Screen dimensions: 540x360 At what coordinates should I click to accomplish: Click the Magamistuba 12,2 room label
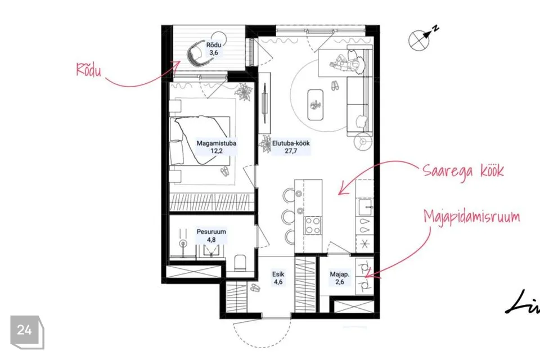(x=216, y=147)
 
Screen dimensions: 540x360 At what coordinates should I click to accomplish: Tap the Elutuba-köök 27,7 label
(x=291, y=147)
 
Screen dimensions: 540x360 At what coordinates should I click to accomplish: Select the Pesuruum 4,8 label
(x=211, y=235)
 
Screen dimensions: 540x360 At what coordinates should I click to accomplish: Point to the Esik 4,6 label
(x=278, y=278)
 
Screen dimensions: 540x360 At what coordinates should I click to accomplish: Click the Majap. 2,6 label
(x=340, y=278)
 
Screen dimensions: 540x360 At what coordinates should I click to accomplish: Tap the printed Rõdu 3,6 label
(x=214, y=48)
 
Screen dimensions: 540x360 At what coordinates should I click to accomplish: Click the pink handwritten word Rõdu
(x=89, y=70)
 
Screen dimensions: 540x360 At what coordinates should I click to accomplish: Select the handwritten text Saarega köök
(x=463, y=170)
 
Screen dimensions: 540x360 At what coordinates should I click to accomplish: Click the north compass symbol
(x=423, y=37)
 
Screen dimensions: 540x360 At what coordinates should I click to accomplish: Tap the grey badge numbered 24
(x=27, y=332)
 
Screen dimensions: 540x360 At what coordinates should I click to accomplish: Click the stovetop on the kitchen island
(x=313, y=226)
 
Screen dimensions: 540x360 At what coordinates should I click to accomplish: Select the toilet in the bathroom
(x=240, y=263)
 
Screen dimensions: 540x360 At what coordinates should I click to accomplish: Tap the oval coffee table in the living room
(x=315, y=105)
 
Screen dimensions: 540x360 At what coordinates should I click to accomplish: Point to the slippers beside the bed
(x=224, y=171)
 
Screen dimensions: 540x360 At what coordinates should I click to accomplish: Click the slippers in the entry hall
(x=255, y=287)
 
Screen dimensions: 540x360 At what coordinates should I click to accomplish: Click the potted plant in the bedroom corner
(x=244, y=92)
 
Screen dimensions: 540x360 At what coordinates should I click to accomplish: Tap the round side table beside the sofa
(x=363, y=141)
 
